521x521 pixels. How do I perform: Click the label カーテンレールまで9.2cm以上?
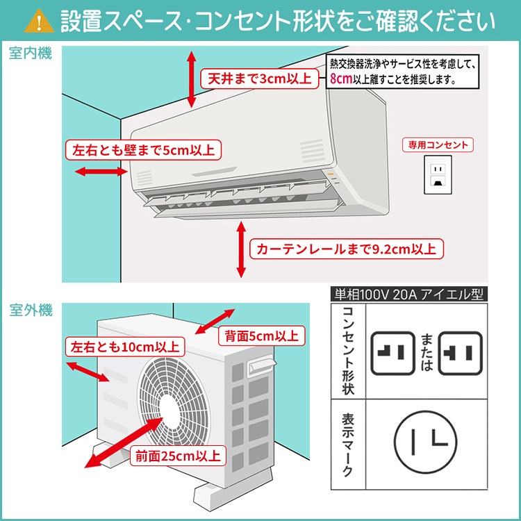click(x=347, y=248)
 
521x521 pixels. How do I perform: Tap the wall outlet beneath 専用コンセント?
click(x=438, y=174)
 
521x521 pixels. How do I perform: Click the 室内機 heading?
click(x=31, y=53)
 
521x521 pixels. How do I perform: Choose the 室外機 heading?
click(x=31, y=311)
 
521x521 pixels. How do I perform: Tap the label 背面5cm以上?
click(x=260, y=336)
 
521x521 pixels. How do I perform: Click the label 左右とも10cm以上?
click(x=124, y=346)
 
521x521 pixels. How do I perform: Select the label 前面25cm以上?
click(x=178, y=456)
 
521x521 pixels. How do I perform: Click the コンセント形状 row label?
click(x=348, y=352)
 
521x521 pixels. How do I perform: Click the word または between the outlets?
click(x=426, y=352)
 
